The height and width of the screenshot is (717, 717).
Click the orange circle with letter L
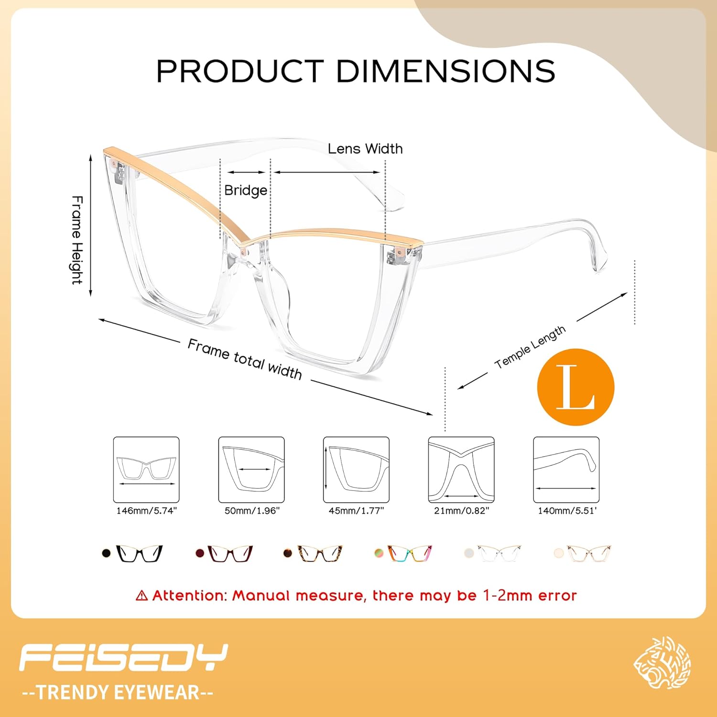(x=576, y=387)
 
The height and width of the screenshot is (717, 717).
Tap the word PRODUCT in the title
(x=240, y=71)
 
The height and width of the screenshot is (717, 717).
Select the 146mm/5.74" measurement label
(x=146, y=511)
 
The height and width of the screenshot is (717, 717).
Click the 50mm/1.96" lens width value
(x=252, y=511)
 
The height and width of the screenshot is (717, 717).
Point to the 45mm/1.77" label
(x=356, y=511)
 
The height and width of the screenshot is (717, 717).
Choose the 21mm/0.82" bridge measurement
(x=461, y=511)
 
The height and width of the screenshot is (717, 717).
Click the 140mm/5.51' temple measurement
(x=567, y=511)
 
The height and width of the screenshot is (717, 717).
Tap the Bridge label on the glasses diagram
(x=246, y=190)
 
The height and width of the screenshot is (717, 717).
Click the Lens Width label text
(x=365, y=149)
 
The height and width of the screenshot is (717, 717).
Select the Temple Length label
(x=530, y=347)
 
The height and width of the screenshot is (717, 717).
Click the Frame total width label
(x=245, y=359)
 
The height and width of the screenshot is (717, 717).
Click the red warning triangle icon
(x=141, y=596)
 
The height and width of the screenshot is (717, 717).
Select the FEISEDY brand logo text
(x=123, y=658)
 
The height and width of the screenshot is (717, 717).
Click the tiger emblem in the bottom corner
(x=663, y=663)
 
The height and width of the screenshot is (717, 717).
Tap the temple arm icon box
(x=566, y=469)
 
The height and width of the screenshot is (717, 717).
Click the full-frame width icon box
(x=146, y=469)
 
